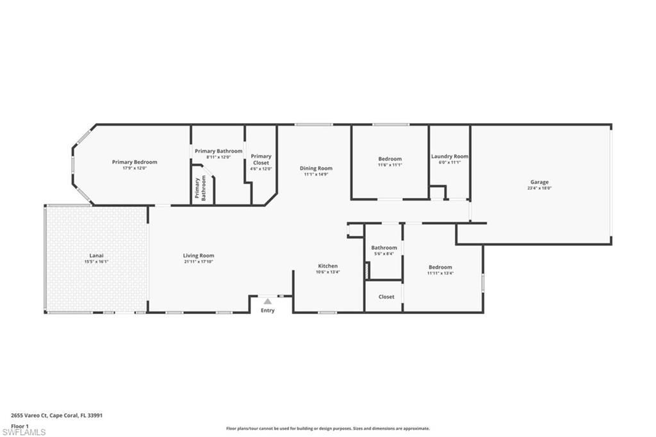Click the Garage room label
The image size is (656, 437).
click(539, 182)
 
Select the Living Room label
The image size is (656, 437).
click(199, 255)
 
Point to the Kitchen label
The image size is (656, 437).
click(328, 266)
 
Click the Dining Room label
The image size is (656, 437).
click(316, 169)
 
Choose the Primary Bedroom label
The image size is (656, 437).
click(135, 162)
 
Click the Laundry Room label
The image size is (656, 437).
click(450, 156)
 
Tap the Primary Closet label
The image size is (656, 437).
click(261, 160)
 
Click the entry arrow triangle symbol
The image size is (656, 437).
click(268, 301)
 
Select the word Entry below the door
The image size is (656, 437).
click(268, 311)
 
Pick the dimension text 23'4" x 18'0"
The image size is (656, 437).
click(539, 188)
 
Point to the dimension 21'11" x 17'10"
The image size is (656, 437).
click(199, 261)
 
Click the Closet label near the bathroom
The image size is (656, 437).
click(386, 297)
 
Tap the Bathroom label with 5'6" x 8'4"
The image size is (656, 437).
click(384, 247)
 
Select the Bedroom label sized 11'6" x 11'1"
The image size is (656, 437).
click(389, 159)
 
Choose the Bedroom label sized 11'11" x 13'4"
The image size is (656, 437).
click(440, 267)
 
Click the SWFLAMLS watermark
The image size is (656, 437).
click(24, 432)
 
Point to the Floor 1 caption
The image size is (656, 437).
click(19, 425)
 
